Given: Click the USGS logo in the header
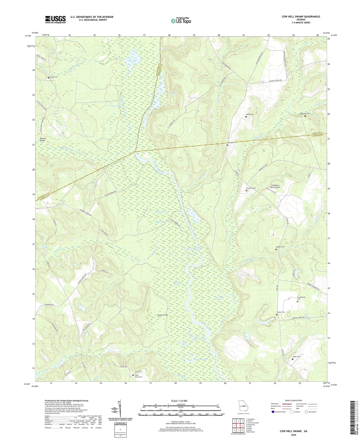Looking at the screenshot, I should coord(55,19).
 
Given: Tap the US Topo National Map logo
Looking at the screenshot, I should coord(181,20).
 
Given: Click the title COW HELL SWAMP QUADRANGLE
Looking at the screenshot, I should coord(301,17).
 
